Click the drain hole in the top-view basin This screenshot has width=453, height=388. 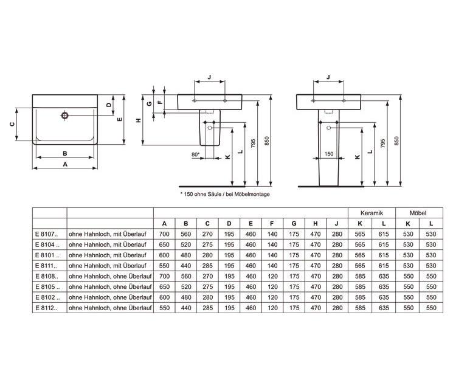[64, 116]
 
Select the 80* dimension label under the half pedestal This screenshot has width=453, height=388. [196, 154]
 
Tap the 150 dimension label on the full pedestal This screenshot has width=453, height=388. [329, 154]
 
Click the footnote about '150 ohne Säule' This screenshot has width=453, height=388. [225, 194]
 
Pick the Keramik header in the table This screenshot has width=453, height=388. [372, 213]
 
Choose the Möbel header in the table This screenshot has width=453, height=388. [418, 213]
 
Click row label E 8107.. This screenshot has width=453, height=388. [46, 234]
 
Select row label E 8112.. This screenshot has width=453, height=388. [46, 308]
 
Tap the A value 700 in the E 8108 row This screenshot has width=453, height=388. [164, 276]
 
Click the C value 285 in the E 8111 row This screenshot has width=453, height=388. [207, 266]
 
